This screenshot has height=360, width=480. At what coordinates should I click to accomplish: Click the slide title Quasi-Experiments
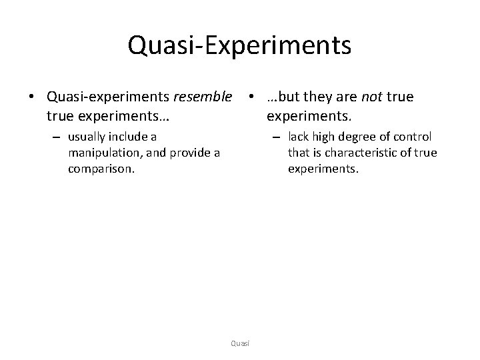coord(239,45)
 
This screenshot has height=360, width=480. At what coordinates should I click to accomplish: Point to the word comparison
coord(101,169)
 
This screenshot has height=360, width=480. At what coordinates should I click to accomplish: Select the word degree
coord(357,137)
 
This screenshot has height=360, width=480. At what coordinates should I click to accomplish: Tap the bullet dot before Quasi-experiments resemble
coord(31,98)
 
